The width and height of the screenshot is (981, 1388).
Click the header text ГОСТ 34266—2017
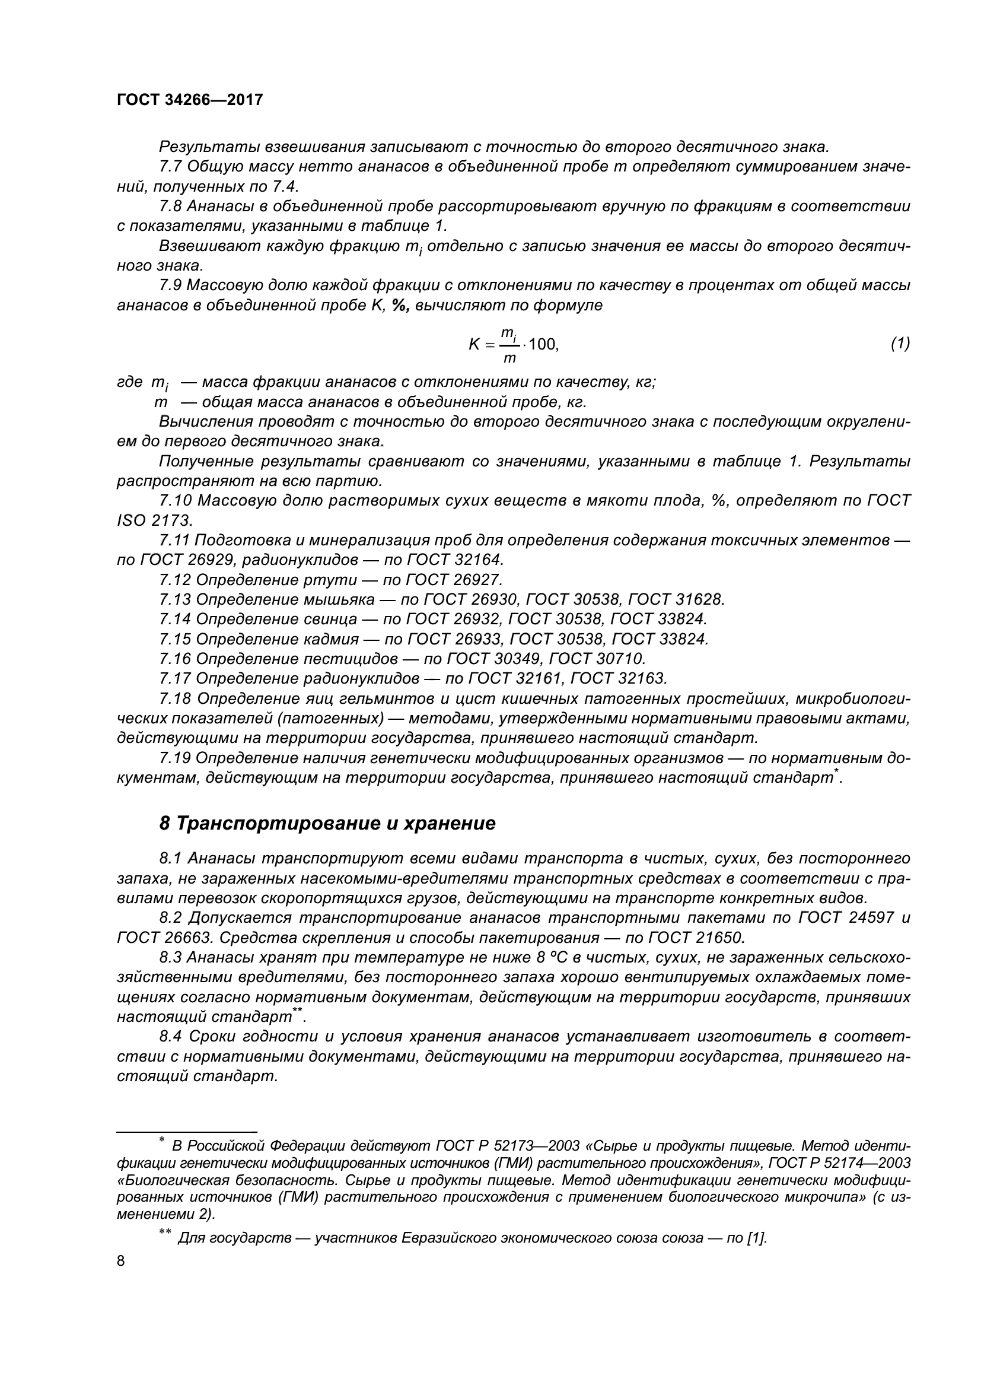190,100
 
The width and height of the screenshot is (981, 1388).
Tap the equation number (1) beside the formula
900,344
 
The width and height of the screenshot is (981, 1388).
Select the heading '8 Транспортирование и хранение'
327,824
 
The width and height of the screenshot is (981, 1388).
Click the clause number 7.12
175,580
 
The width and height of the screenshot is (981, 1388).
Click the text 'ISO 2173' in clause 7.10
154,520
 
